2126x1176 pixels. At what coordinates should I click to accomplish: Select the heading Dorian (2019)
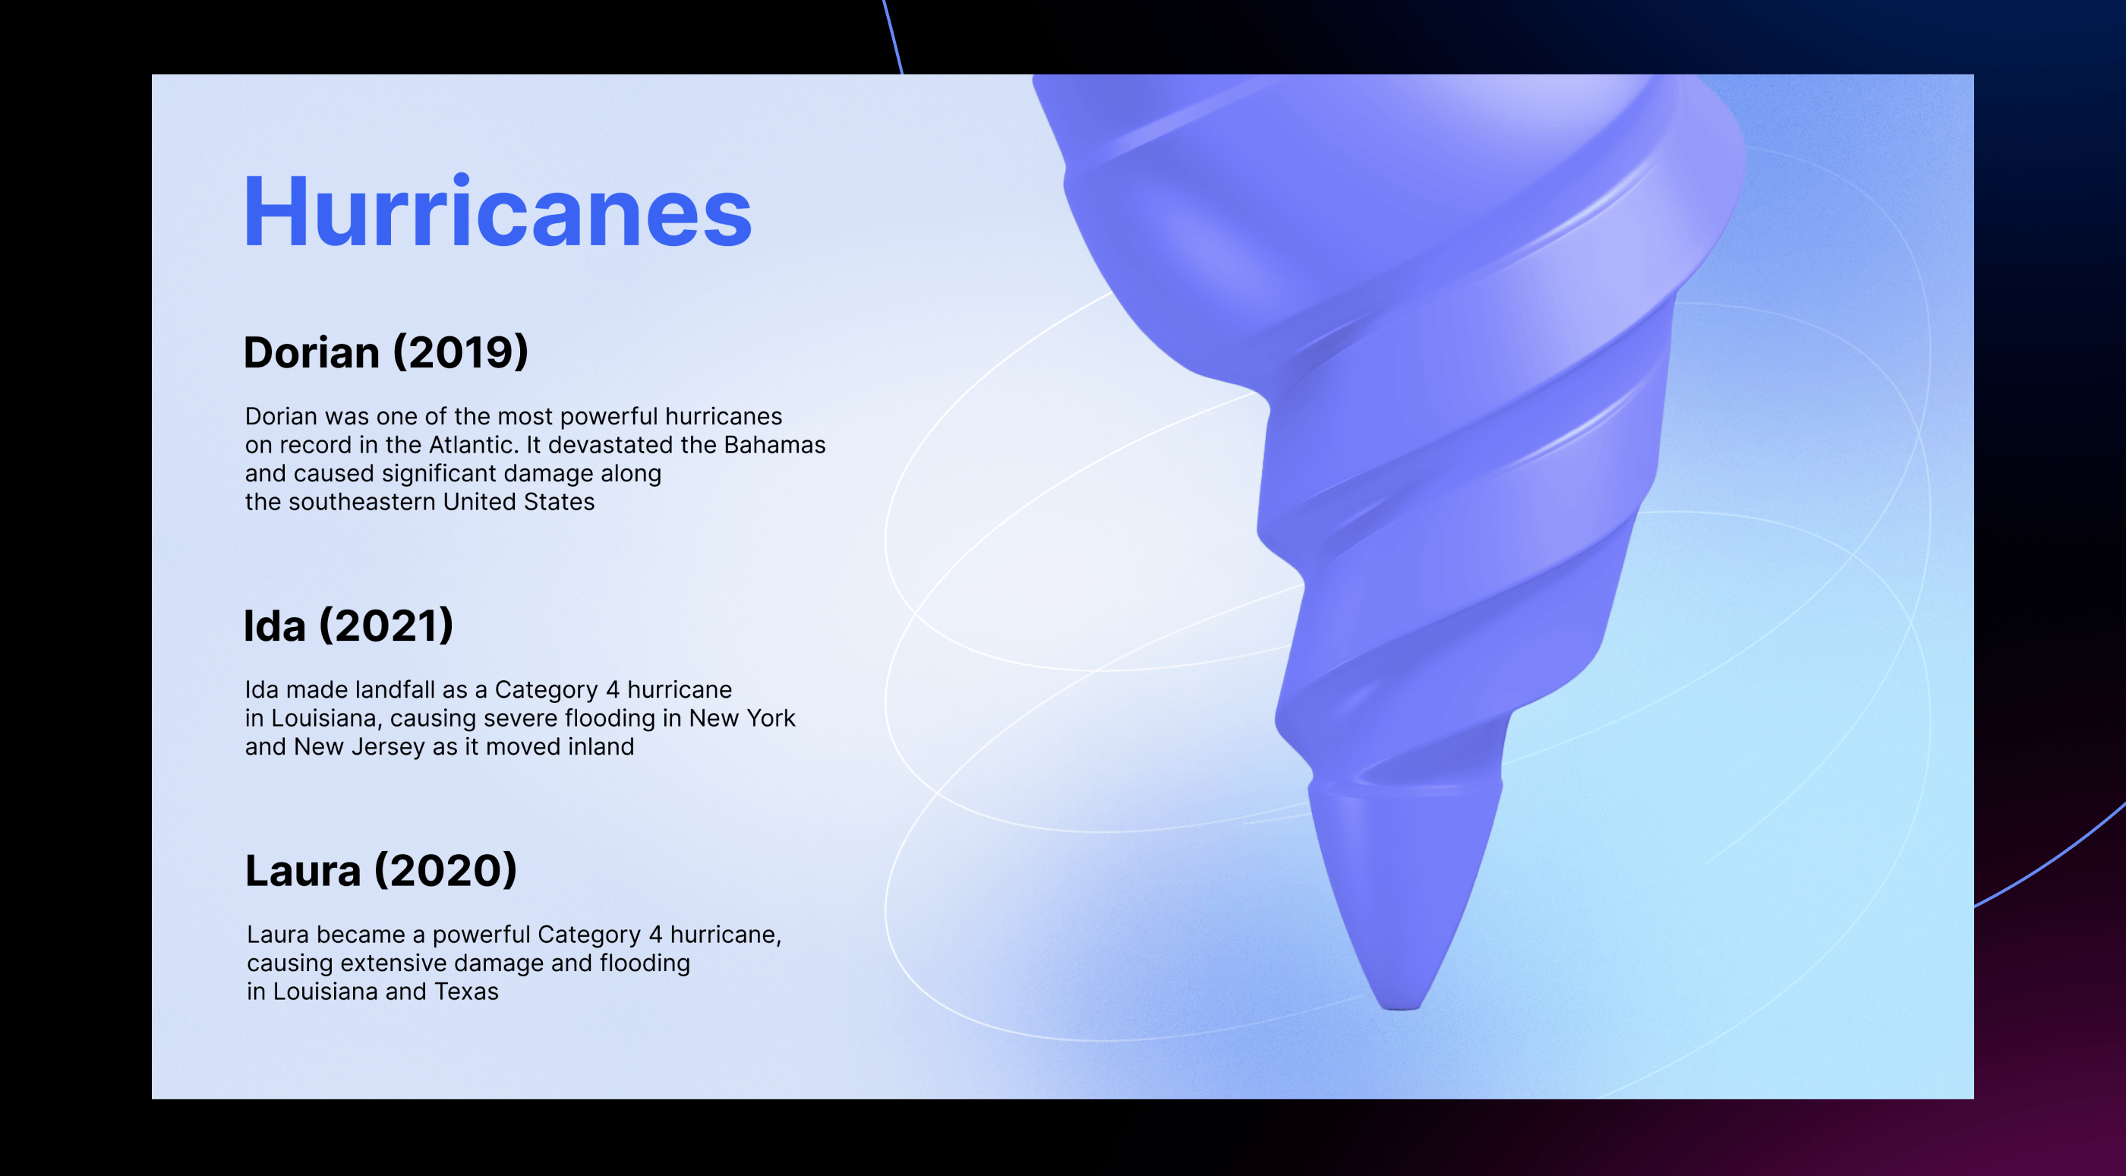click(386, 353)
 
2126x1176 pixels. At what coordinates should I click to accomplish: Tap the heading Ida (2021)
click(349, 626)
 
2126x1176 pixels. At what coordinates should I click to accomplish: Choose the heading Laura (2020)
click(381, 871)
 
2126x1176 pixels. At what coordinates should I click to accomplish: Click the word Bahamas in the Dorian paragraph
click(774, 445)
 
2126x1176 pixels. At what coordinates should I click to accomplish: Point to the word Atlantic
click(473, 445)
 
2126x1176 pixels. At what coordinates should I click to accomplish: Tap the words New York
click(742, 718)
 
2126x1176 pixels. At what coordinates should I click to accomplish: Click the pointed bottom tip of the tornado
click(1401, 1007)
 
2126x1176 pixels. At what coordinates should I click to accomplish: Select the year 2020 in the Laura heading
click(446, 871)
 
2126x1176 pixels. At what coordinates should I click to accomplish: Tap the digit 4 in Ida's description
click(613, 690)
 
